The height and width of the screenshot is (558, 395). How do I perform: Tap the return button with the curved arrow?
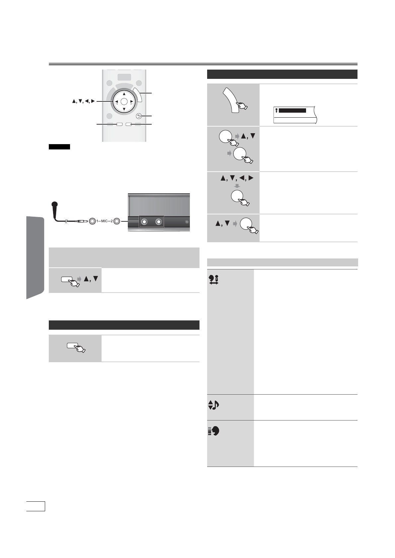[139, 116]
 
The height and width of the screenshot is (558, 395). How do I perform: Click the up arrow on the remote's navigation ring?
[124, 94]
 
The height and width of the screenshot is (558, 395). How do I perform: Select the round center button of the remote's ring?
[124, 101]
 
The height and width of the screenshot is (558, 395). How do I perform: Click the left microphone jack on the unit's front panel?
[144, 222]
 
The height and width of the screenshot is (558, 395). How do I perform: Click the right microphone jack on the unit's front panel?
[158, 222]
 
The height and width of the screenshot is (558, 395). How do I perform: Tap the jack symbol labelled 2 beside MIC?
[117, 221]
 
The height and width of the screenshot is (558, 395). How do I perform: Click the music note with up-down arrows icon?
[214, 405]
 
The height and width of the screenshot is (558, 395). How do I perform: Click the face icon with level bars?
[214, 431]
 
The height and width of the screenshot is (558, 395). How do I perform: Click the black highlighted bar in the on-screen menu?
[292, 110]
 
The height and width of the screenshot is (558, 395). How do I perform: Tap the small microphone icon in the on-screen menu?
[276, 110]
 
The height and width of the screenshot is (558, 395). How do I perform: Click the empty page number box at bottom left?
[36, 506]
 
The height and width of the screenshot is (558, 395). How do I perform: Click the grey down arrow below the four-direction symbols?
[237, 186]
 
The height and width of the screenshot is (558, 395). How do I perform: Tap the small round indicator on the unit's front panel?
[187, 222]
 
